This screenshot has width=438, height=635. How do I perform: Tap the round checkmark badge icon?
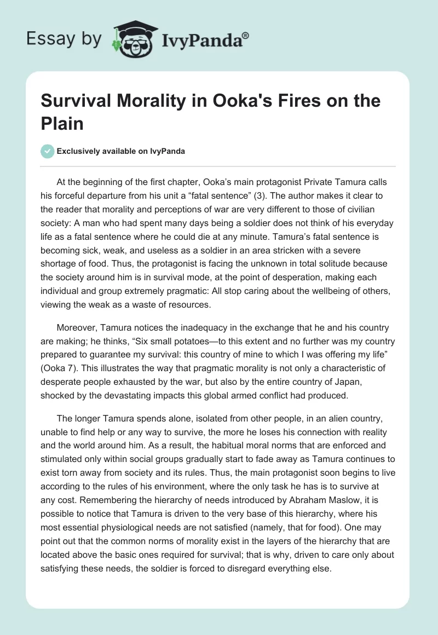pyautogui.click(x=48, y=152)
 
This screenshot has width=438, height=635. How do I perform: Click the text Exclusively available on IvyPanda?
pyautogui.click(x=121, y=152)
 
